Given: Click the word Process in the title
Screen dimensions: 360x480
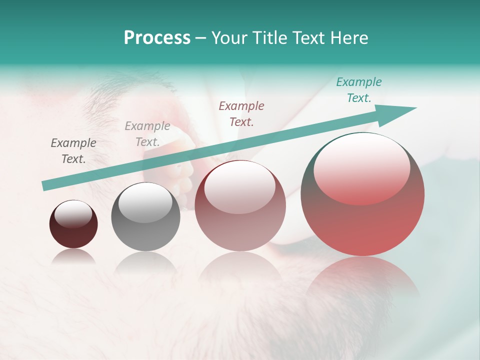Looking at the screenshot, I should [157, 38].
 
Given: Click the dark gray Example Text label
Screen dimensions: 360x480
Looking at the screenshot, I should [73, 151].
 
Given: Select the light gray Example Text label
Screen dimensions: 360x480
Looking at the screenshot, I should [147, 134].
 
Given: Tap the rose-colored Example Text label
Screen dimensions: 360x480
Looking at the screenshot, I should [241, 113].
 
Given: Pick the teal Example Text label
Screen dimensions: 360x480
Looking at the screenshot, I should [359, 90].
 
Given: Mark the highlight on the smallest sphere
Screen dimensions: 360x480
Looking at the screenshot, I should [73, 214].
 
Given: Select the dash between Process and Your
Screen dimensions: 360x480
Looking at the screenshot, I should [201, 38].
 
